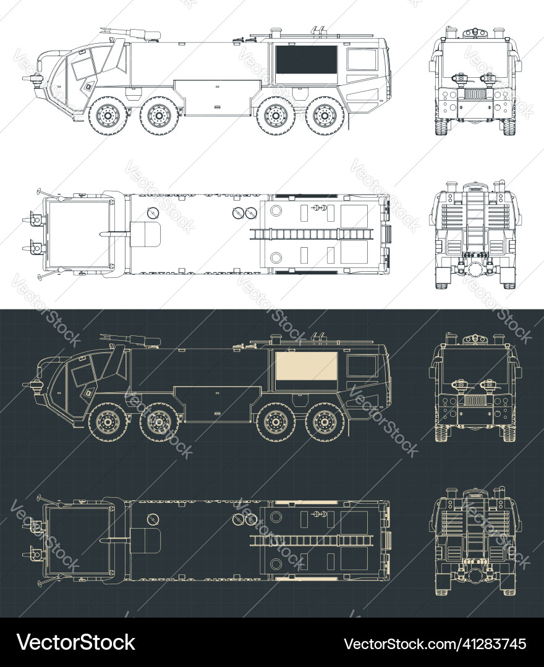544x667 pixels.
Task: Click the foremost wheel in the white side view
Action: point(108,115)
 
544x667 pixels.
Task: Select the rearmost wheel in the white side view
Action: point(323,115)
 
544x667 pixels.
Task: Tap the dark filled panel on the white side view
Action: point(307,60)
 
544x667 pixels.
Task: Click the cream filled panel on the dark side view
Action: point(307,366)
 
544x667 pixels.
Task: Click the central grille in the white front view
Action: point(475,95)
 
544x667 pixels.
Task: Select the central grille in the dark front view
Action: point(475,401)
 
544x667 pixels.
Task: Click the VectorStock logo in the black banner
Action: point(76,642)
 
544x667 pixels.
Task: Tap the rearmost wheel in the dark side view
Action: point(323,422)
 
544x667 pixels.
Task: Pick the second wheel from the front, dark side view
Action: point(159,422)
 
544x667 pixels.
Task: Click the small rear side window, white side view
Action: point(362,59)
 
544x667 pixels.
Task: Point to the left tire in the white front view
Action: point(441,126)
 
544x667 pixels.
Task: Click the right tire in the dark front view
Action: point(509,432)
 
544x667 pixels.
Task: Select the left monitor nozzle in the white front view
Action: point(459,78)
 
